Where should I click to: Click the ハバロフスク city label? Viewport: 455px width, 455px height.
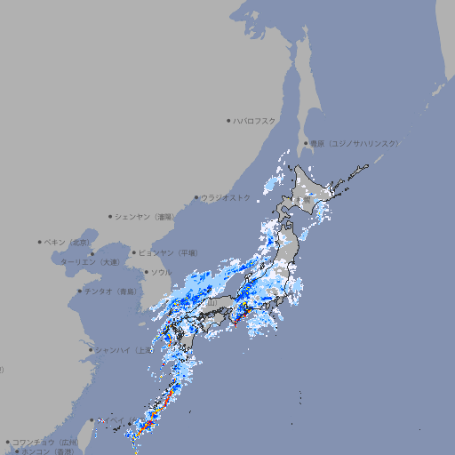pyautogui.click(x=255, y=120)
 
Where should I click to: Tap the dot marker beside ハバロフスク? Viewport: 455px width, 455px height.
pyautogui.click(x=228, y=120)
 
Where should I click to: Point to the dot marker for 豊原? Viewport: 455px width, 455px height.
pyautogui.click(x=305, y=143)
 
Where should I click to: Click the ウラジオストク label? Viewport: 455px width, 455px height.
pyautogui.click(x=226, y=197)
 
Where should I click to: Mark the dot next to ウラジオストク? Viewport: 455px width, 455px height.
pyautogui.click(x=196, y=197)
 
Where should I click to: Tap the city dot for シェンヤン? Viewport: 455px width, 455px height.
pyautogui.click(x=110, y=216)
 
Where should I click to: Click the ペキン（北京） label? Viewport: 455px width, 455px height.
pyautogui.click(x=68, y=242)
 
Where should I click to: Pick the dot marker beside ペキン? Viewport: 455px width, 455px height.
pyautogui.click(x=40, y=242)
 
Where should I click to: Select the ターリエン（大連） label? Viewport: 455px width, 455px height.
pyautogui.click(x=89, y=262)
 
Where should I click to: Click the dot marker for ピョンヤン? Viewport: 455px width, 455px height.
pyautogui.click(x=134, y=252)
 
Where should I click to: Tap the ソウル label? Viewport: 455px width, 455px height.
pyautogui.click(x=161, y=273)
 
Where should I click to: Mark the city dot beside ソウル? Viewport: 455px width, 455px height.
pyautogui.click(x=145, y=273)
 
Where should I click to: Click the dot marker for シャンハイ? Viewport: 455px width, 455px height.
pyautogui.click(x=90, y=350)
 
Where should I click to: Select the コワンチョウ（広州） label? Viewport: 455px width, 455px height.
pyautogui.click(x=44, y=442)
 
